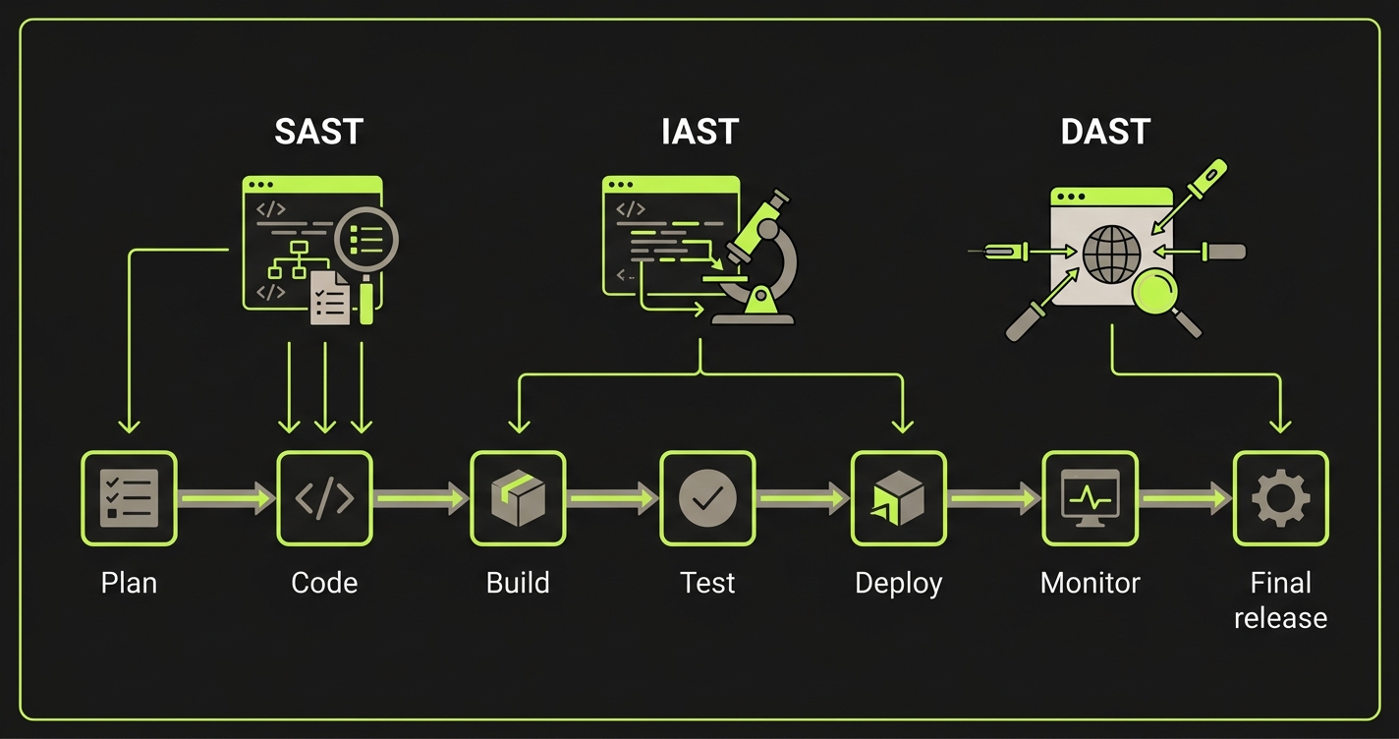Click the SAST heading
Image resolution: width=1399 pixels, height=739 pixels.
(317, 133)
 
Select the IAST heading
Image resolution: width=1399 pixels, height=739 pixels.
(699, 133)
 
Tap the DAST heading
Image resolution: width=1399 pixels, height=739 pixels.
(1105, 133)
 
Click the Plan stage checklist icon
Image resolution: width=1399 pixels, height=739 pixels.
(129, 498)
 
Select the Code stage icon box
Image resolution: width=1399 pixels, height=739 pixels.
(324, 498)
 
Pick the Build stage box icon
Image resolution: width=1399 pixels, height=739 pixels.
(518, 498)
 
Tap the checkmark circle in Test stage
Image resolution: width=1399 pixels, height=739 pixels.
(707, 498)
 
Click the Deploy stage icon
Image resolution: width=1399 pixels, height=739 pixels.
(898, 498)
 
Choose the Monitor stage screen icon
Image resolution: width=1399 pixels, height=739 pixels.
(1090, 498)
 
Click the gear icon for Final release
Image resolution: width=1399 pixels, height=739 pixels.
(1280, 498)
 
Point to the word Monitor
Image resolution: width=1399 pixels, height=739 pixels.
(1090, 583)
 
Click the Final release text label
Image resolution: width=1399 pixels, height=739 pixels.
(1280, 600)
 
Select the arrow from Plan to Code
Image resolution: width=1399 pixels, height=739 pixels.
(227, 498)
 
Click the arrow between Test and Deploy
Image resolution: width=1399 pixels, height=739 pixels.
(803, 498)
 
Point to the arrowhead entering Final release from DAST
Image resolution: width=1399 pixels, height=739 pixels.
(1279, 425)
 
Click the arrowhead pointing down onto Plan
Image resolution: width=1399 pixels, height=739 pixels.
(129, 425)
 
